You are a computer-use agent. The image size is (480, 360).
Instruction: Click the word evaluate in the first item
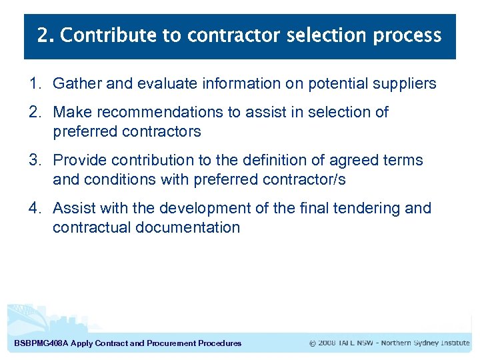point(162,83)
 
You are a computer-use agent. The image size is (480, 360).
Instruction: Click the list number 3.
point(35,160)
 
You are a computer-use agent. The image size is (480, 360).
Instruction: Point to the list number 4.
point(35,208)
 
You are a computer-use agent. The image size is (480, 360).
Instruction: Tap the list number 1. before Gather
point(35,83)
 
